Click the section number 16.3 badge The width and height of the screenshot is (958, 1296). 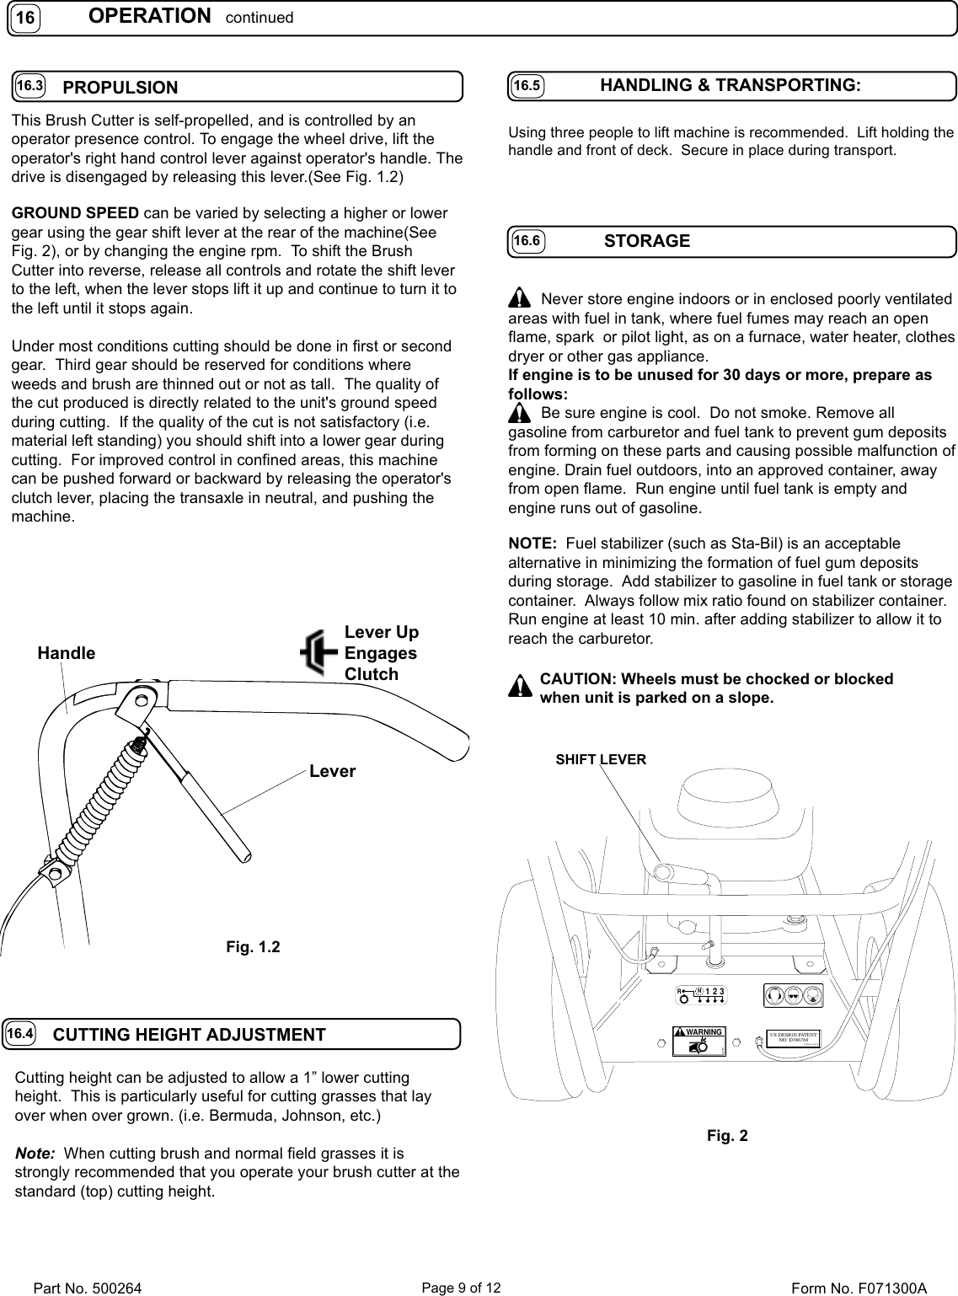coord(30,87)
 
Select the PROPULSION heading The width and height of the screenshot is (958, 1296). coord(120,88)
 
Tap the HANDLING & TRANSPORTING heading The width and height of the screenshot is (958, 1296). coord(730,85)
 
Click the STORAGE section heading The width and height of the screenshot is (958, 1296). coord(647,241)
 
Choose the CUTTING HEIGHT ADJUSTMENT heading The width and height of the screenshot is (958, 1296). coord(189,1035)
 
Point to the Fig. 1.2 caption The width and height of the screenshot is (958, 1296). coord(253,947)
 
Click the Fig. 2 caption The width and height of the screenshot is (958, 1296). coord(727,1136)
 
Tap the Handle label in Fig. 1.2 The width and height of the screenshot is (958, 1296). coord(67,653)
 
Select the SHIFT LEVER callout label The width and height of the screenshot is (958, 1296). coord(601,759)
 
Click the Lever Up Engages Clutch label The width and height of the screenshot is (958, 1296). coord(382,653)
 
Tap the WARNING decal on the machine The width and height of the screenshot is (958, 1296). coord(698,1042)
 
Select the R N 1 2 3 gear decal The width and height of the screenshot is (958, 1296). coord(701,995)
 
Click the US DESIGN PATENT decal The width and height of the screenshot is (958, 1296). coord(794,1037)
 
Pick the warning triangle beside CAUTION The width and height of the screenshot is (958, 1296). coord(521,688)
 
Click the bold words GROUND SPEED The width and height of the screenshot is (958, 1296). coord(75,212)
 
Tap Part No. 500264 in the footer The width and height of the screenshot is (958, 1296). coord(87,1288)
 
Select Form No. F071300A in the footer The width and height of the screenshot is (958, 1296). coord(859,1288)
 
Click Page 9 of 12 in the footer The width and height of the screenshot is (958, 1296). coord(460,1288)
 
